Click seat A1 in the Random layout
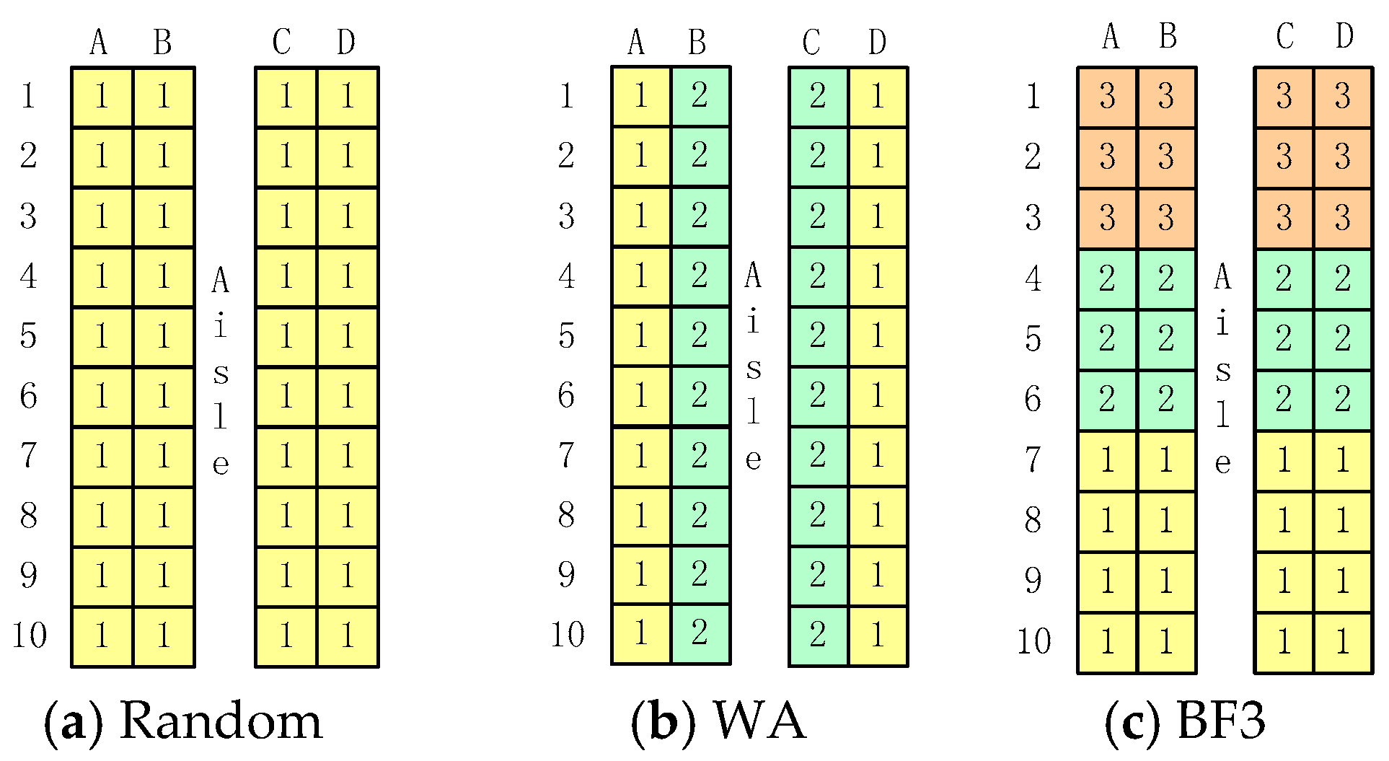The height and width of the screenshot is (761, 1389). point(102,97)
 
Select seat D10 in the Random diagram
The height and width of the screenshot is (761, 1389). point(348,635)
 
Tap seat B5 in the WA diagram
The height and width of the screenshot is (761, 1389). point(700,335)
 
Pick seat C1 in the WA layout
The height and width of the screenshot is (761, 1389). point(818,97)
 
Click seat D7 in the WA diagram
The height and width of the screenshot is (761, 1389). point(878,455)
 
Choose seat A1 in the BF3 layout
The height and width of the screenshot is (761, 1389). point(1108,97)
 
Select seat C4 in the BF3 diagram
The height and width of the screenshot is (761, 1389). point(1284,279)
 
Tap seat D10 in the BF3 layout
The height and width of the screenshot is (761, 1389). point(1343,642)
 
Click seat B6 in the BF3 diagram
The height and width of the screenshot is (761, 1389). point(1167,400)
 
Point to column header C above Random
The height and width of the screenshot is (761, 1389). point(282,42)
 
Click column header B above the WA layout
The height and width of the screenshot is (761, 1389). point(697,42)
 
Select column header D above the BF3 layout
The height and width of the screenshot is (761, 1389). point(1344,36)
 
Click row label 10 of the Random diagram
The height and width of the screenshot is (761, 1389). point(30,635)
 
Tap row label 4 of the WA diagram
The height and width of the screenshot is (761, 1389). point(567,276)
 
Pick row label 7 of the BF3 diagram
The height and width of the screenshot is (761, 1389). point(1033,459)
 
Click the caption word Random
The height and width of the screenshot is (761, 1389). point(220,721)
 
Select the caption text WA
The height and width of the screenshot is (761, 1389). point(759,721)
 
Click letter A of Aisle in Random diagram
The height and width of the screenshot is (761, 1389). point(221,281)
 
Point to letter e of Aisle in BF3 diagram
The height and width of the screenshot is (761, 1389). point(1222,462)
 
